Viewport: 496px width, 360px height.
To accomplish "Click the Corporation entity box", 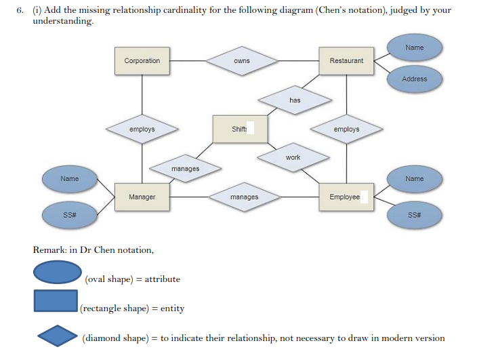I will [142, 61].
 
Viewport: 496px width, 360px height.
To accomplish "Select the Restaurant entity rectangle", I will [346, 61].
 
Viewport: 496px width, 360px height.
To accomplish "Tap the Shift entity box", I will [239, 129].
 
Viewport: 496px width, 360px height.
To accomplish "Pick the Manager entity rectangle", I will [142, 197].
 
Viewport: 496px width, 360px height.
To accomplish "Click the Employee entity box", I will [346, 197].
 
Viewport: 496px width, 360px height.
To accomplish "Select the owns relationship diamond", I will [242, 61].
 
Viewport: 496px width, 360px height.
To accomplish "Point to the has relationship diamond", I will [295, 100].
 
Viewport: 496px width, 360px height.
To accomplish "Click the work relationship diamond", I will [293, 157].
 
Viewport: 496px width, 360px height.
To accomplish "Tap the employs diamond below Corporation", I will [142, 129].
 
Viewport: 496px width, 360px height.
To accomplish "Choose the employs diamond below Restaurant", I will [346, 129].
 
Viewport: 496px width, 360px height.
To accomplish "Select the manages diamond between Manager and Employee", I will [244, 197].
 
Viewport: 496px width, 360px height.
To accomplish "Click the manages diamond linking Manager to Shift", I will [185, 168].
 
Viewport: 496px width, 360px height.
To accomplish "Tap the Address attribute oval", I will [414, 79].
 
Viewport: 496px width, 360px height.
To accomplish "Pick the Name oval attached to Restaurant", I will [414, 47].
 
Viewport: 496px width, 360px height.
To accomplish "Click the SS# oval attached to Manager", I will [69, 215].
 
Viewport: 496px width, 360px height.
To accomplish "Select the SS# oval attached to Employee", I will [414, 215].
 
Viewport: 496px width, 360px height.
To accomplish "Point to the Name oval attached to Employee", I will [414, 179].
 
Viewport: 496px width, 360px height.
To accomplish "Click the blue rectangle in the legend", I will [56, 301].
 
